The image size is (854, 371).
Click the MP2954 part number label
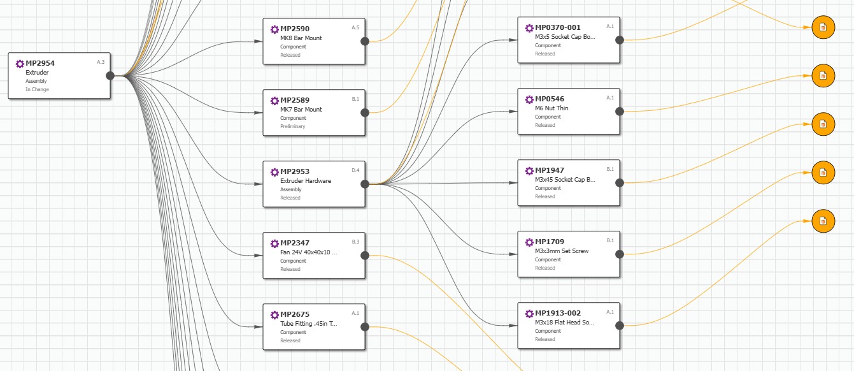point(40,63)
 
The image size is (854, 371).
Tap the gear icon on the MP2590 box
point(274,29)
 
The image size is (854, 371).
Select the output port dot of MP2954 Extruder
point(110,76)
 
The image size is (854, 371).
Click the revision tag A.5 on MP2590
point(355,27)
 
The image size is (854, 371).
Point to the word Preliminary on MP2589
point(293,126)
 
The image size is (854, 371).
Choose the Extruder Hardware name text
point(306,181)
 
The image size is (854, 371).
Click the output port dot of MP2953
point(365,184)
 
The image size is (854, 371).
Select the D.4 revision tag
point(355,170)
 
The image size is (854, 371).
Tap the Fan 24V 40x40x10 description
point(308,252)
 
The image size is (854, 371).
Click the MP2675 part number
point(295,314)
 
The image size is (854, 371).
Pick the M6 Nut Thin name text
point(552,108)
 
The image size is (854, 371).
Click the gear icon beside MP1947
point(529,171)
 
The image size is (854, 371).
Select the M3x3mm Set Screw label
point(562,251)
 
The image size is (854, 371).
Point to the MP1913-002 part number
point(558,313)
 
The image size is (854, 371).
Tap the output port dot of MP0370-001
point(620,40)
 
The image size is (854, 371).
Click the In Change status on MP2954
point(38,89)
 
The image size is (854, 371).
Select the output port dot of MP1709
point(620,254)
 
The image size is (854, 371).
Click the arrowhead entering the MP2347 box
point(259,256)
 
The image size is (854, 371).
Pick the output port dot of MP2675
point(365,327)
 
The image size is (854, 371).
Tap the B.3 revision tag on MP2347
point(355,242)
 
